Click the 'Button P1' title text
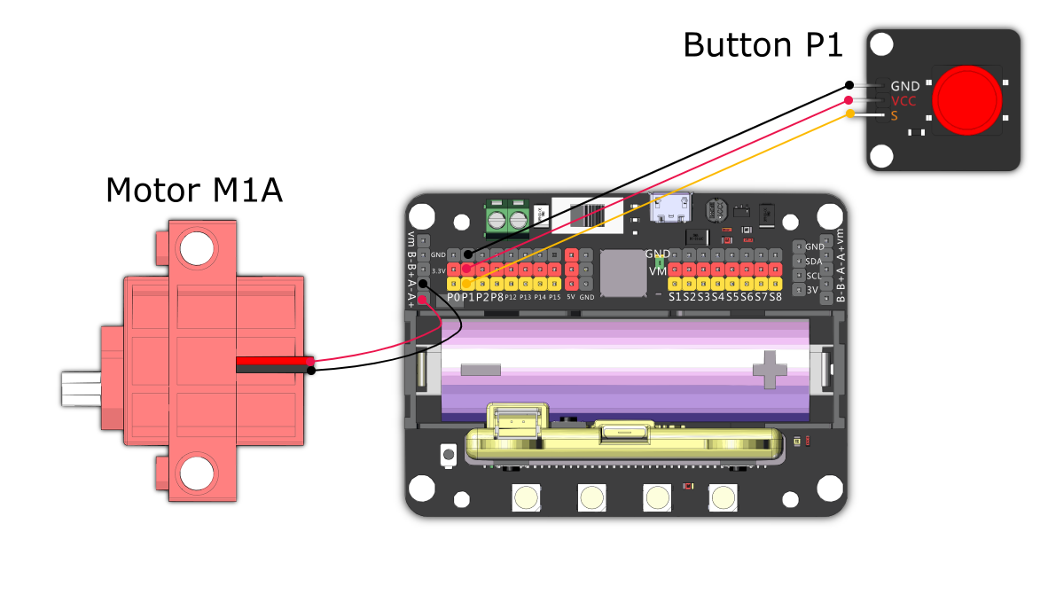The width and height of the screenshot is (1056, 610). tap(763, 44)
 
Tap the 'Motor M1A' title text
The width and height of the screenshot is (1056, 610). tap(193, 190)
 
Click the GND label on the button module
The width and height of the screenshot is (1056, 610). tap(904, 87)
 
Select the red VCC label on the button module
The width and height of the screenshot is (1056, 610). tap(903, 101)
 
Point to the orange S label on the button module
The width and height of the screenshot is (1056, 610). tap(895, 115)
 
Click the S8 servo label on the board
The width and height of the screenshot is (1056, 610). tap(776, 296)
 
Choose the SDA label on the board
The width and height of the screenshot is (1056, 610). tap(814, 261)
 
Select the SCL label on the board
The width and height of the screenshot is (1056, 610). tap(814, 275)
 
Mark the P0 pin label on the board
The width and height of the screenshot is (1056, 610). tap(454, 297)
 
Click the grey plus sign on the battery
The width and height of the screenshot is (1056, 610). tap(770, 369)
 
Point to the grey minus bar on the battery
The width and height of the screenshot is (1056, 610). tap(481, 369)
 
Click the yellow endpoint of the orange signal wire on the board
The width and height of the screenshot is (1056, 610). tap(467, 283)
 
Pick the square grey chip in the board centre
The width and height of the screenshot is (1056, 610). tap(622, 273)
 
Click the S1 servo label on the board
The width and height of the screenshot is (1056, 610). tap(676, 296)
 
